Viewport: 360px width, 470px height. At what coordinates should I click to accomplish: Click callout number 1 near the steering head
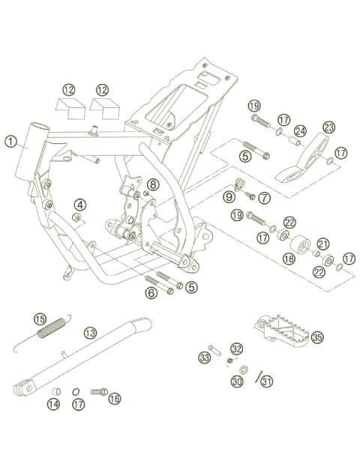point(10,140)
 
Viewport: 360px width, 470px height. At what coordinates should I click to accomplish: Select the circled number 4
point(79,203)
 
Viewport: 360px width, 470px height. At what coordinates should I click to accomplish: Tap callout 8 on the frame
point(152,184)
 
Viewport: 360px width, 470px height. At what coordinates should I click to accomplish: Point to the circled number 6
point(151,293)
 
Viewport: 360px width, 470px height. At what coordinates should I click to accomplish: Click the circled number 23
point(328,127)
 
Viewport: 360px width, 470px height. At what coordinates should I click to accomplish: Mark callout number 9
point(229,196)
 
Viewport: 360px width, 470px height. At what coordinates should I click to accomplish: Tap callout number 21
point(322,243)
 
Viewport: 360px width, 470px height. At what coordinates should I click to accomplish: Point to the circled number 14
point(53,405)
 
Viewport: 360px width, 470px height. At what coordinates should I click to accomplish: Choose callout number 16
point(114,399)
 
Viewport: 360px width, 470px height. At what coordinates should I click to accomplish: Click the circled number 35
point(317,338)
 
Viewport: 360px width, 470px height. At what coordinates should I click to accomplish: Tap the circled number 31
point(268,381)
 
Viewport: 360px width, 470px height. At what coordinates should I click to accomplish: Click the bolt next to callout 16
point(98,391)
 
